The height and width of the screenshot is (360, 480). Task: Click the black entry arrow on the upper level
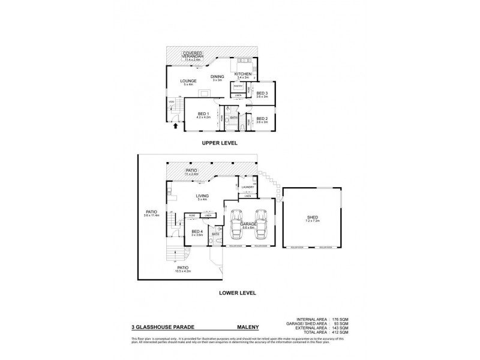pos(175,125)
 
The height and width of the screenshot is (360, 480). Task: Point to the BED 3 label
pos(262,93)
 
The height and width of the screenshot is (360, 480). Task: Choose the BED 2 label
pos(262,118)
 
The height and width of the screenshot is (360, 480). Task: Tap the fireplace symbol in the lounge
pos(205,93)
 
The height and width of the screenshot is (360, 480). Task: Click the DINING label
pos(217,76)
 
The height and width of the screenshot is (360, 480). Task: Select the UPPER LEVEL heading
pos(220,143)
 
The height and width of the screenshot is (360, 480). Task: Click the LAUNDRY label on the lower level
pos(248,187)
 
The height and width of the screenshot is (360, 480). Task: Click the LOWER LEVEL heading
pos(238,293)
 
